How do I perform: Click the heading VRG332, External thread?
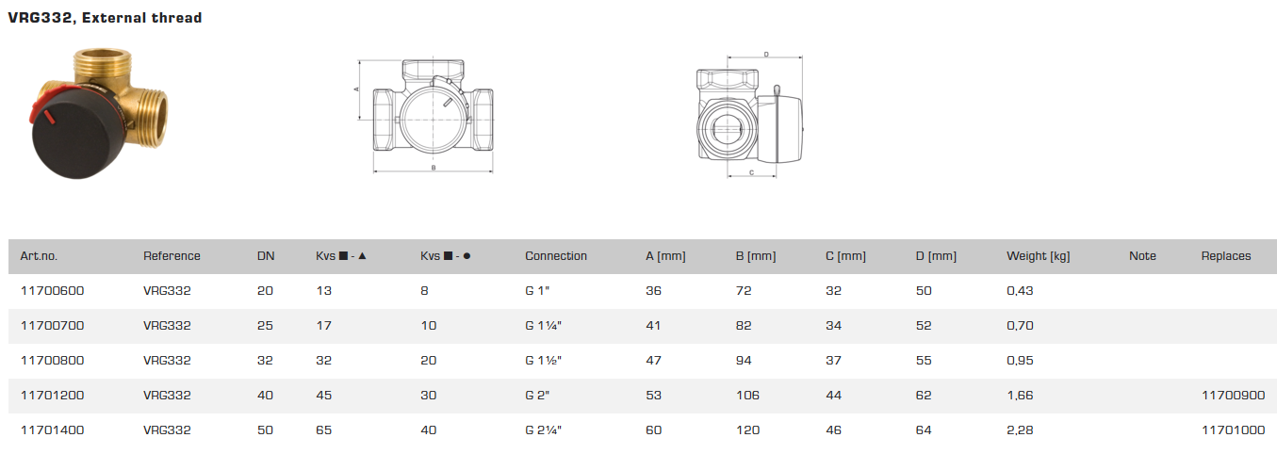click(x=105, y=18)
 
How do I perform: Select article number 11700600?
click(x=52, y=291)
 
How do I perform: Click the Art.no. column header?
click(x=39, y=256)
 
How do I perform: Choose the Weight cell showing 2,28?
click(x=1020, y=430)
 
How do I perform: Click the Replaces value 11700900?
click(x=1233, y=396)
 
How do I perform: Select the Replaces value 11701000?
click(x=1233, y=430)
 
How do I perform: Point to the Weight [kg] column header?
click(x=1038, y=256)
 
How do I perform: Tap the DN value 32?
click(x=265, y=361)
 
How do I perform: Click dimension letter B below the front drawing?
click(x=433, y=168)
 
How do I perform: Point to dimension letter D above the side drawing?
click(x=765, y=55)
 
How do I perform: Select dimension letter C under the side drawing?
click(x=750, y=173)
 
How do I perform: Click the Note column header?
click(x=1142, y=256)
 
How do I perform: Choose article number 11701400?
click(x=52, y=430)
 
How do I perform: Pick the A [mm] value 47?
click(x=653, y=361)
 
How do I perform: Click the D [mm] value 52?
click(x=923, y=326)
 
